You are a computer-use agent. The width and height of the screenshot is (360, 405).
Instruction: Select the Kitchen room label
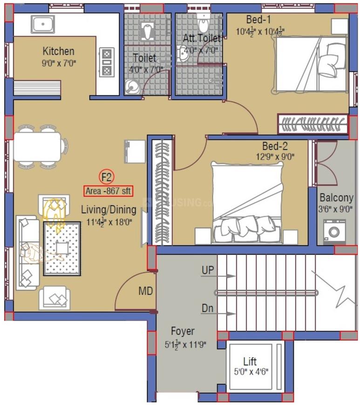[58, 51]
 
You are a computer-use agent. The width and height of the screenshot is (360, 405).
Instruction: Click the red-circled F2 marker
[107, 177]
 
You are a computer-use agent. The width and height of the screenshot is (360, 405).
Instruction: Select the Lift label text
[250, 362]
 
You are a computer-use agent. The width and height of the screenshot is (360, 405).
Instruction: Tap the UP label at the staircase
[208, 270]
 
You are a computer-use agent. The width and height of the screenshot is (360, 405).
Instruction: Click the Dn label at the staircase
[207, 308]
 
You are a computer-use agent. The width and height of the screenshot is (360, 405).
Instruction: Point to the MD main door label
[145, 291]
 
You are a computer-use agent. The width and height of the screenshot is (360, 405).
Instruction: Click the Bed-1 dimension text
[260, 32]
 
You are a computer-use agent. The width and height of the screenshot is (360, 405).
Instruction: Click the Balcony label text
[336, 198]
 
